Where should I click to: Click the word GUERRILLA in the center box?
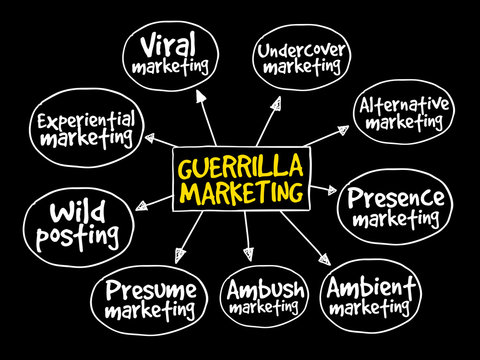point(240,165)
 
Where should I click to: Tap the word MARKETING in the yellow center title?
point(240,190)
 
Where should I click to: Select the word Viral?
point(168,46)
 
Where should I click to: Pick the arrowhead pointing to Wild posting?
point(141,205)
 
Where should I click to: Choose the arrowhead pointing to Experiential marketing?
point(150,140)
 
